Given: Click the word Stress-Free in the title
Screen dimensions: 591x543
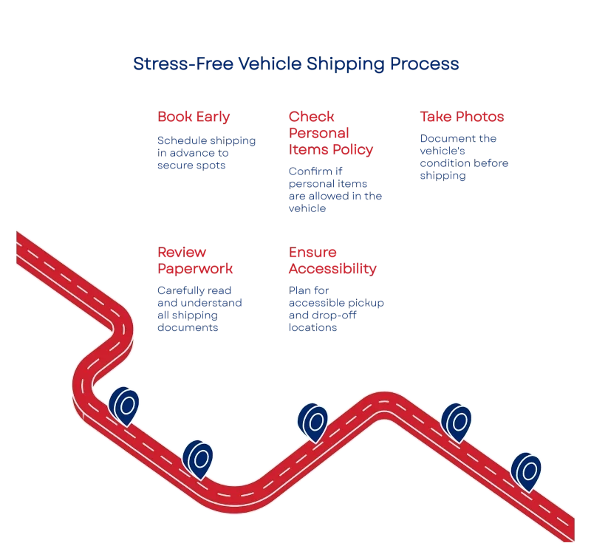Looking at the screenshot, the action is (x=183, y=64).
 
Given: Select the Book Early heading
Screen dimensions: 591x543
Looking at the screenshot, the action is (x=194, y=117).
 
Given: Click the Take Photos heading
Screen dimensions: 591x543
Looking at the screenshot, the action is (x=462, y=117).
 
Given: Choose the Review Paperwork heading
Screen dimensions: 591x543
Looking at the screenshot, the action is (x=195, y=260).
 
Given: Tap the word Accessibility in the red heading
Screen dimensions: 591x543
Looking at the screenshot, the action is (x=332, y=269).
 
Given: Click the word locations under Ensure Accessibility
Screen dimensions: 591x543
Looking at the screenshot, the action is (x=312, y=327).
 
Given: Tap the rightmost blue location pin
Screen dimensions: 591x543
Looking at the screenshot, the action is (x=526, y=472).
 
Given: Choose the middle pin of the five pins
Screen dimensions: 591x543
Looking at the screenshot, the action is (x=312, y=423).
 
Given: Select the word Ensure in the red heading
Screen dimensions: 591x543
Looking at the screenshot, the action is (x=312, y=252).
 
